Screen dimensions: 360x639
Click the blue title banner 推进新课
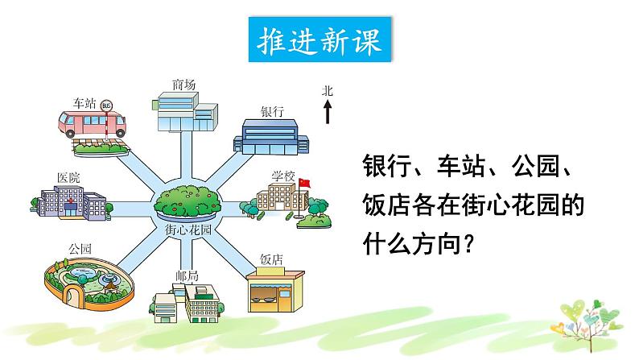319,40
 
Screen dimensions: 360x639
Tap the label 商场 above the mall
183,85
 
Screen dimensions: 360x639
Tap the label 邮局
185,275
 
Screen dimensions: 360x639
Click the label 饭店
271,259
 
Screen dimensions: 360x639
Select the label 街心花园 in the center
187,230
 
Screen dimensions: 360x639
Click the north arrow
328,112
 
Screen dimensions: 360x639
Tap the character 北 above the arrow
328,91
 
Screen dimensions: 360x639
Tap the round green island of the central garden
187,201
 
